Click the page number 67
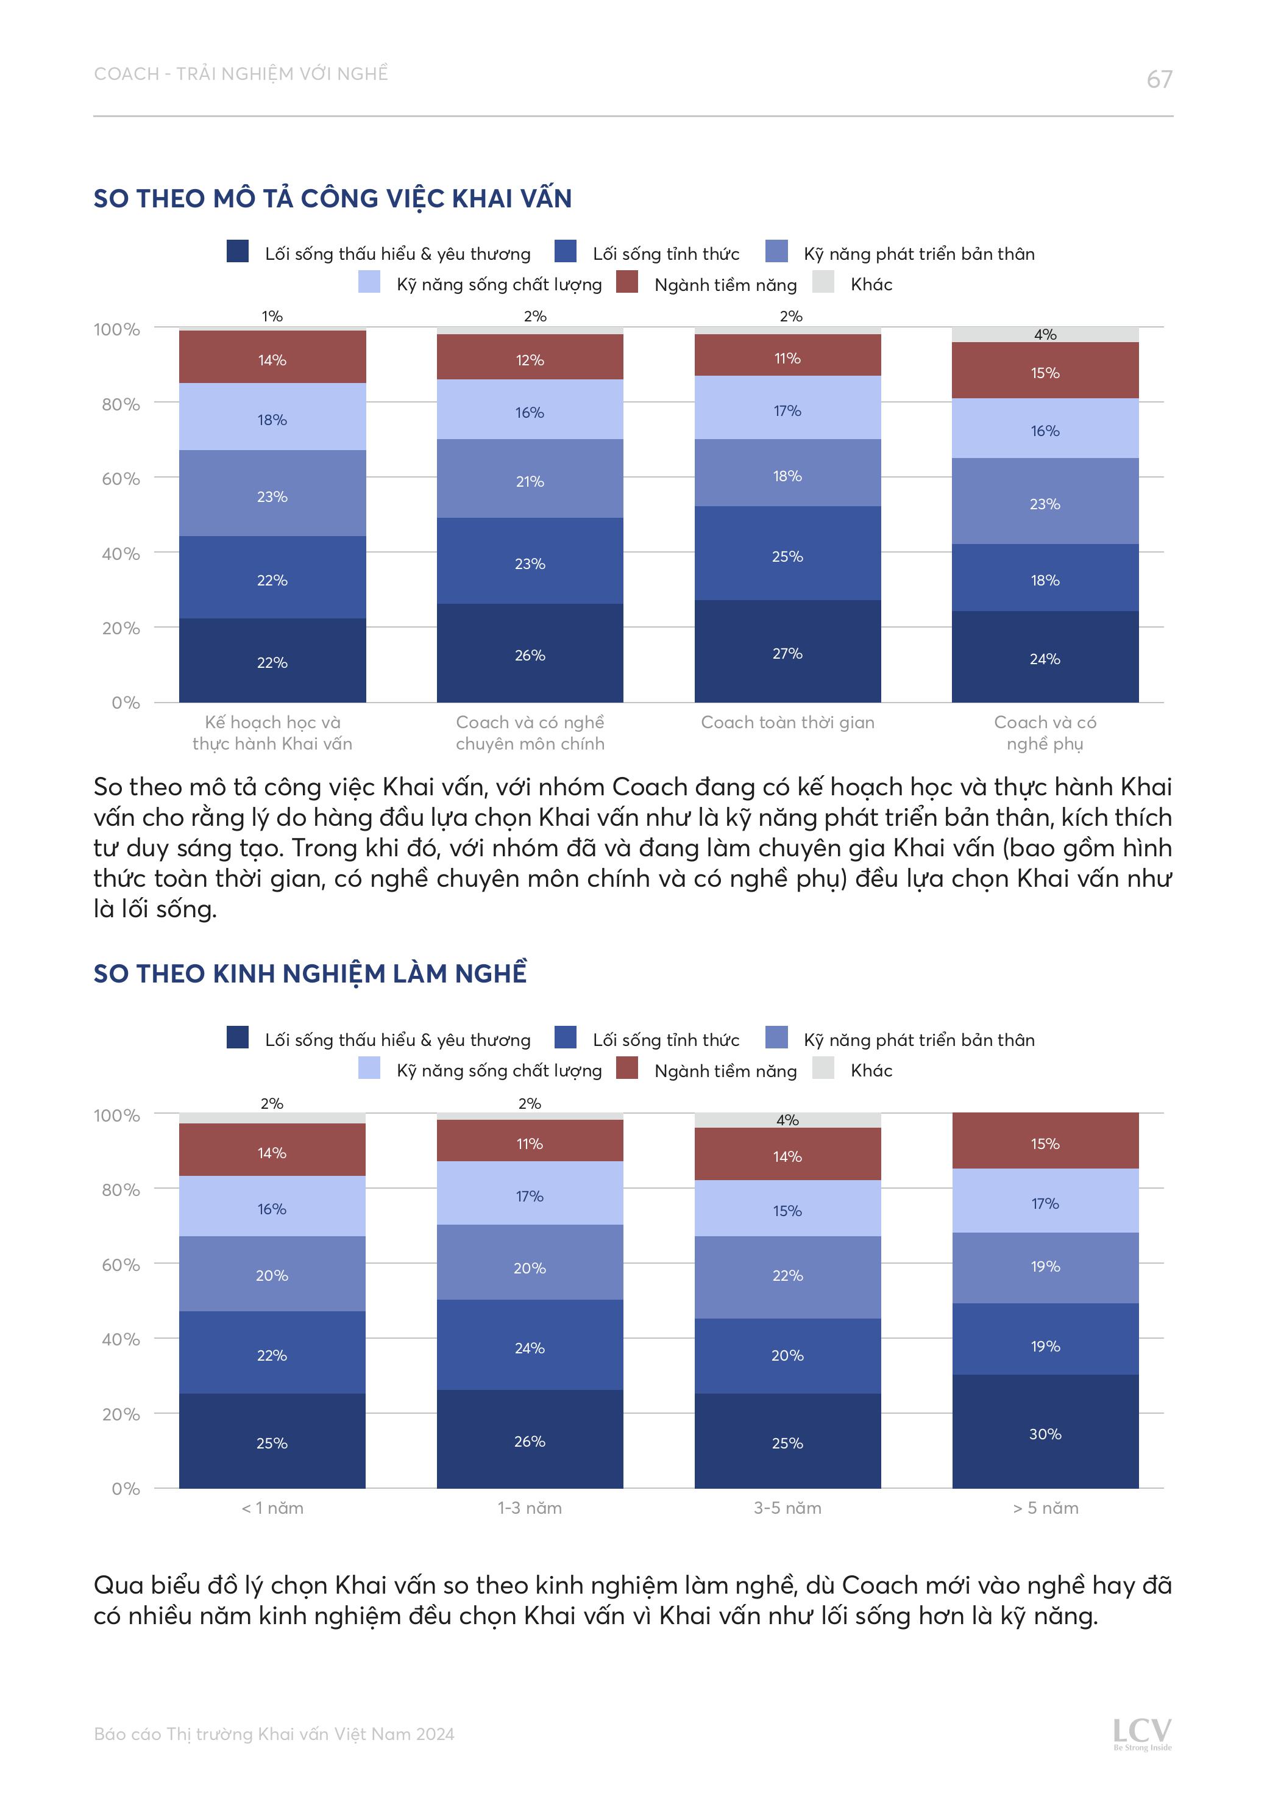(1159, 79)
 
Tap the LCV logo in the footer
(1141, 1733)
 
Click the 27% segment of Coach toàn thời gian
(787, 653)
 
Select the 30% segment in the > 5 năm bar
(1045, 1433)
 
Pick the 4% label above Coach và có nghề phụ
(1045, 334)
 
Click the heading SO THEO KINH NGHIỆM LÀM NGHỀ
(310, 973)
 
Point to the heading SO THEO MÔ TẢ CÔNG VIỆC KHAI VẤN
(332, 198)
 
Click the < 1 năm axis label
(272, 1508)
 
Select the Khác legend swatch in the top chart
(823, 282)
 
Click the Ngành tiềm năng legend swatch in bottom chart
(627, 1067)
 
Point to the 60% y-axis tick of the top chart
(121, 479)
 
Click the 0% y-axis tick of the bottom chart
(126, 1489)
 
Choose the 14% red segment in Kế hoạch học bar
(272, 359)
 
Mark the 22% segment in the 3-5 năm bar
(787, 1275)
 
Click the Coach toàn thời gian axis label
(787, 723)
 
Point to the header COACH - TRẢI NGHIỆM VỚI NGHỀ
(241, 74)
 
